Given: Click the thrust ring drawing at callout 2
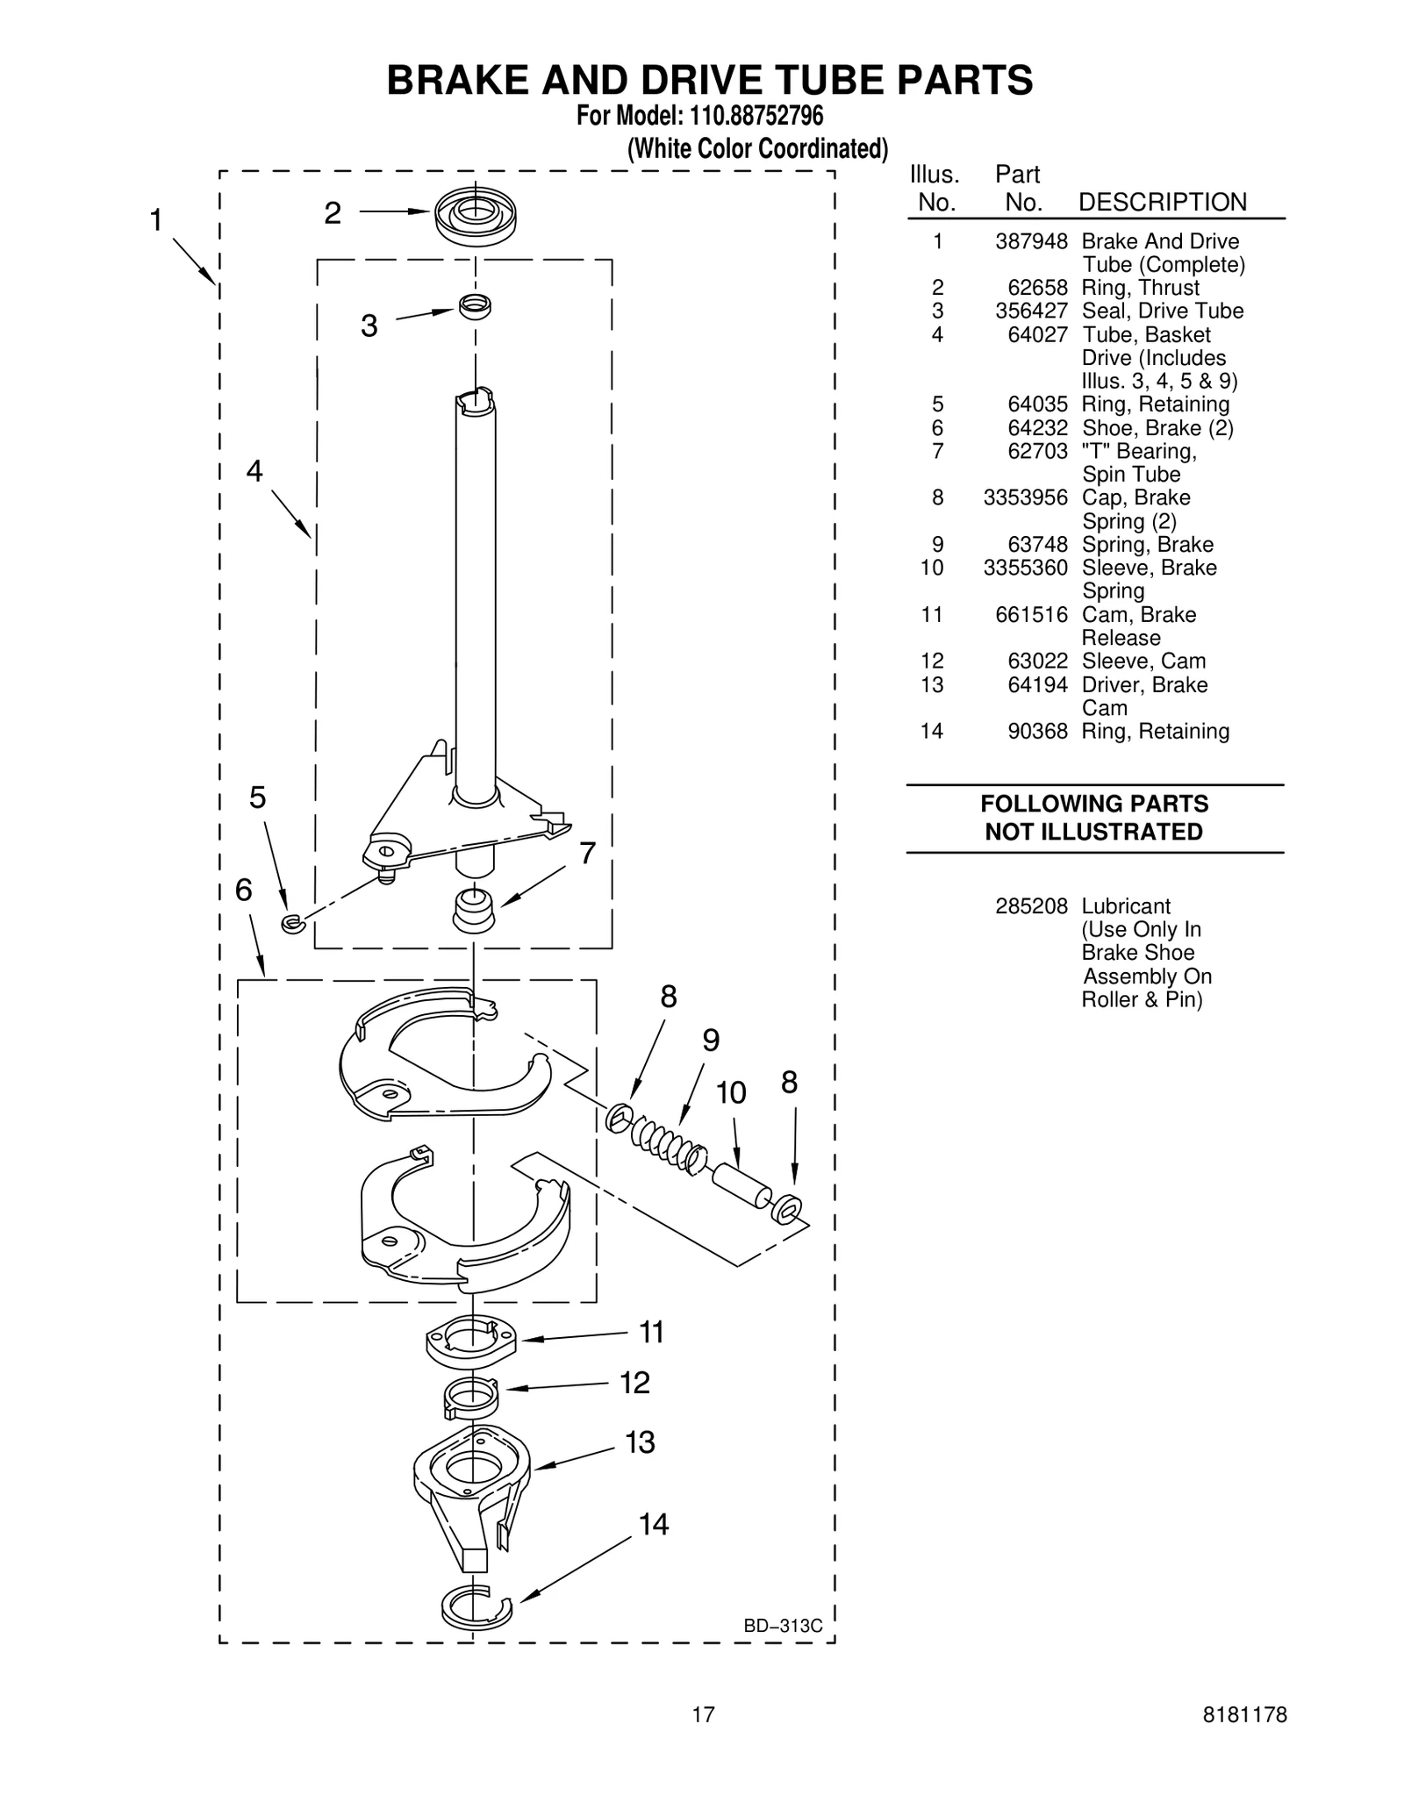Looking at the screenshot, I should click(476, 216).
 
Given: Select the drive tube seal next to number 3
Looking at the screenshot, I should click(475, 306).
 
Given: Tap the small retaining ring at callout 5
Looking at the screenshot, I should click(292, 922).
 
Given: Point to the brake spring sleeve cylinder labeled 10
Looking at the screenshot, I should click(741, 1186).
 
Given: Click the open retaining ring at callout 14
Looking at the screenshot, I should click(475, 1605).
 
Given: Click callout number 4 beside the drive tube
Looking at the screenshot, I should click(254, 472).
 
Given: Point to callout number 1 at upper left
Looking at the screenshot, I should click(156, 220).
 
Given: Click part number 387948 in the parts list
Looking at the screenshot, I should click(1030, 241).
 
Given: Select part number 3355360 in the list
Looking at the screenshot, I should click(1025, 568).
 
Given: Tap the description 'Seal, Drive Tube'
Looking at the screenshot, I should click(1162, 311).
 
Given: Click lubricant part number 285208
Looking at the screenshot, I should click(1030, 905).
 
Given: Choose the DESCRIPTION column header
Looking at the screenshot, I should click(1162, 202).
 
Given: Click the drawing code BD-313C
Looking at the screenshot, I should click(783, 1626).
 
